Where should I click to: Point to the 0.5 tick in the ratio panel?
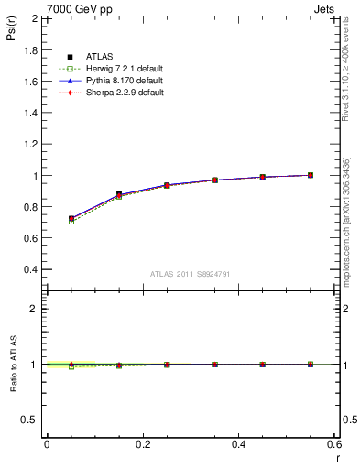pyautogui.click(x=31, y=420)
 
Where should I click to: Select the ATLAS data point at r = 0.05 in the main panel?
pyautogui.click(x=71, y=219)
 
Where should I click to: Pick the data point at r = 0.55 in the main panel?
pyautogui.click(x=311, y=175)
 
